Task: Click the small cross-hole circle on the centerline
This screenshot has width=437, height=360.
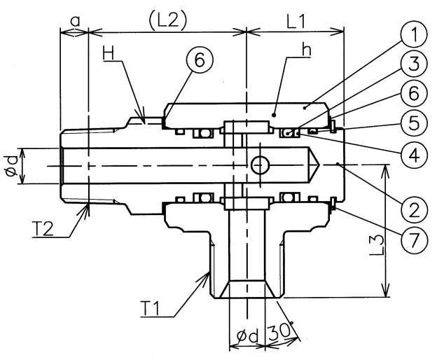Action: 259,165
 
